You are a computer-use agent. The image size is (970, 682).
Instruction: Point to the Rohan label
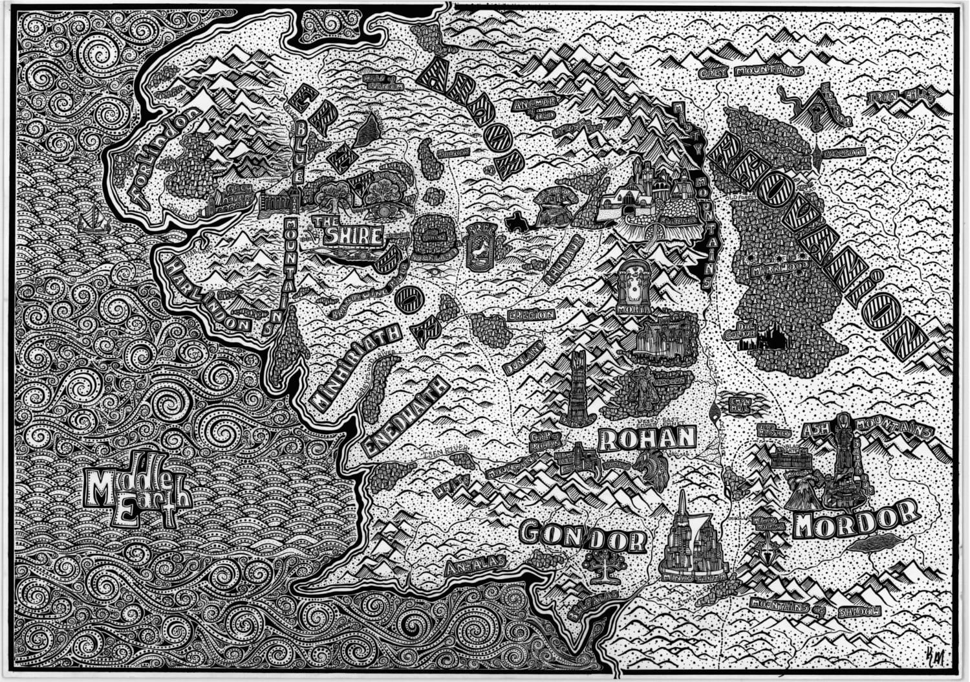(646, 439)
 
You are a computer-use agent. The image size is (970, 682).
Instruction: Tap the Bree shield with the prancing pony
(480, 245)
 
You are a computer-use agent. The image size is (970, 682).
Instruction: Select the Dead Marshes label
(777, 430)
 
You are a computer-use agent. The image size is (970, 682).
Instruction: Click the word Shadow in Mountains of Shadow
(859, 610)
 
